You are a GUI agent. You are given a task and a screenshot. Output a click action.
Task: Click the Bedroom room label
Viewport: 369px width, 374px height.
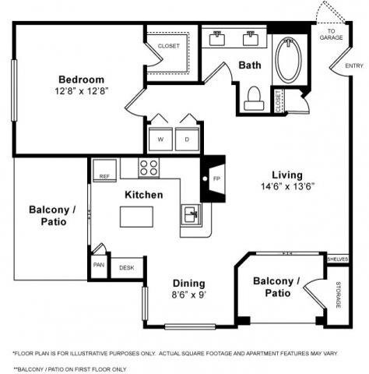80,79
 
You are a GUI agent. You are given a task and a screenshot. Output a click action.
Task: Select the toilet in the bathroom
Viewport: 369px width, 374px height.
253,96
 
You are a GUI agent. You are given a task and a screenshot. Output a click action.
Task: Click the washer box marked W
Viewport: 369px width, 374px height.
160,138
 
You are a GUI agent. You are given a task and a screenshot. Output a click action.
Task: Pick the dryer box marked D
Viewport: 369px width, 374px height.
187,138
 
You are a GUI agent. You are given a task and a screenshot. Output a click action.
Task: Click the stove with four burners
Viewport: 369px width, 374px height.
148,167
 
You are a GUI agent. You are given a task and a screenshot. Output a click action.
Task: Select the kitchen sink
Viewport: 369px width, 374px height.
191,213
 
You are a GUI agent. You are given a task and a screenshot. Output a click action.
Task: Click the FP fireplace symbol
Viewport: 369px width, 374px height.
215,178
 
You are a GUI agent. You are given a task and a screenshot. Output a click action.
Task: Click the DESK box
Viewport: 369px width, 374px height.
126,267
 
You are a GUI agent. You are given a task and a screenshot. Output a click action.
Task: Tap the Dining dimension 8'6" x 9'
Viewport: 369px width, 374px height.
189,296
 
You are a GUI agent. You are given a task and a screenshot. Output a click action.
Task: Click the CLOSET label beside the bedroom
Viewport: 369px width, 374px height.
168,46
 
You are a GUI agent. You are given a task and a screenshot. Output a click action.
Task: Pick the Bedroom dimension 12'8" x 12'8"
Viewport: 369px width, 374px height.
80,92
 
